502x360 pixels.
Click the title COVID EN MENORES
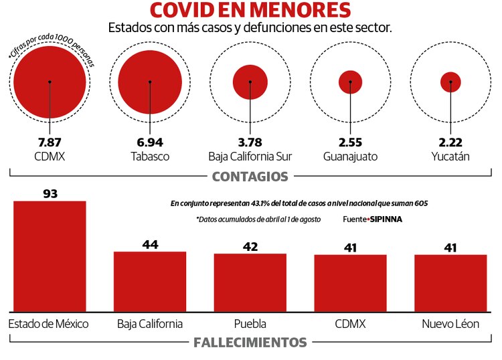click(250, 11)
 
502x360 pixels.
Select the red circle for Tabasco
click(150, 82)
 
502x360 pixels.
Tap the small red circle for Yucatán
click(450, 82)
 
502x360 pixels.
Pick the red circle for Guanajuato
click(350, 82)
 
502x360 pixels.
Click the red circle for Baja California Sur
click(250, 82)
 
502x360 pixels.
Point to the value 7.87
click(50, 143)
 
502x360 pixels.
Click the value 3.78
click(250, 143)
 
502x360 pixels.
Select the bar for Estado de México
click(50, 256)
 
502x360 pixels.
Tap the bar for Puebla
click(250, 282)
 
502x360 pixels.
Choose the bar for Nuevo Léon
click(450, 282)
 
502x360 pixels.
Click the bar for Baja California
click(150, 281)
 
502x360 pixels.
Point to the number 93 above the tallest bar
click(50, 194)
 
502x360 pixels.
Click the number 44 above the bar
click(150, 244)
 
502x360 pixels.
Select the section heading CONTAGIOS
click(250, 177)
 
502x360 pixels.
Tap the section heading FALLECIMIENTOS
click(250, 343)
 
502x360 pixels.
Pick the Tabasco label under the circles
click(150, 157)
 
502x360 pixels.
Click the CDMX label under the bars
click(350, 324)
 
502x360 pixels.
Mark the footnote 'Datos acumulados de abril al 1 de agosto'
click(258, 219)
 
